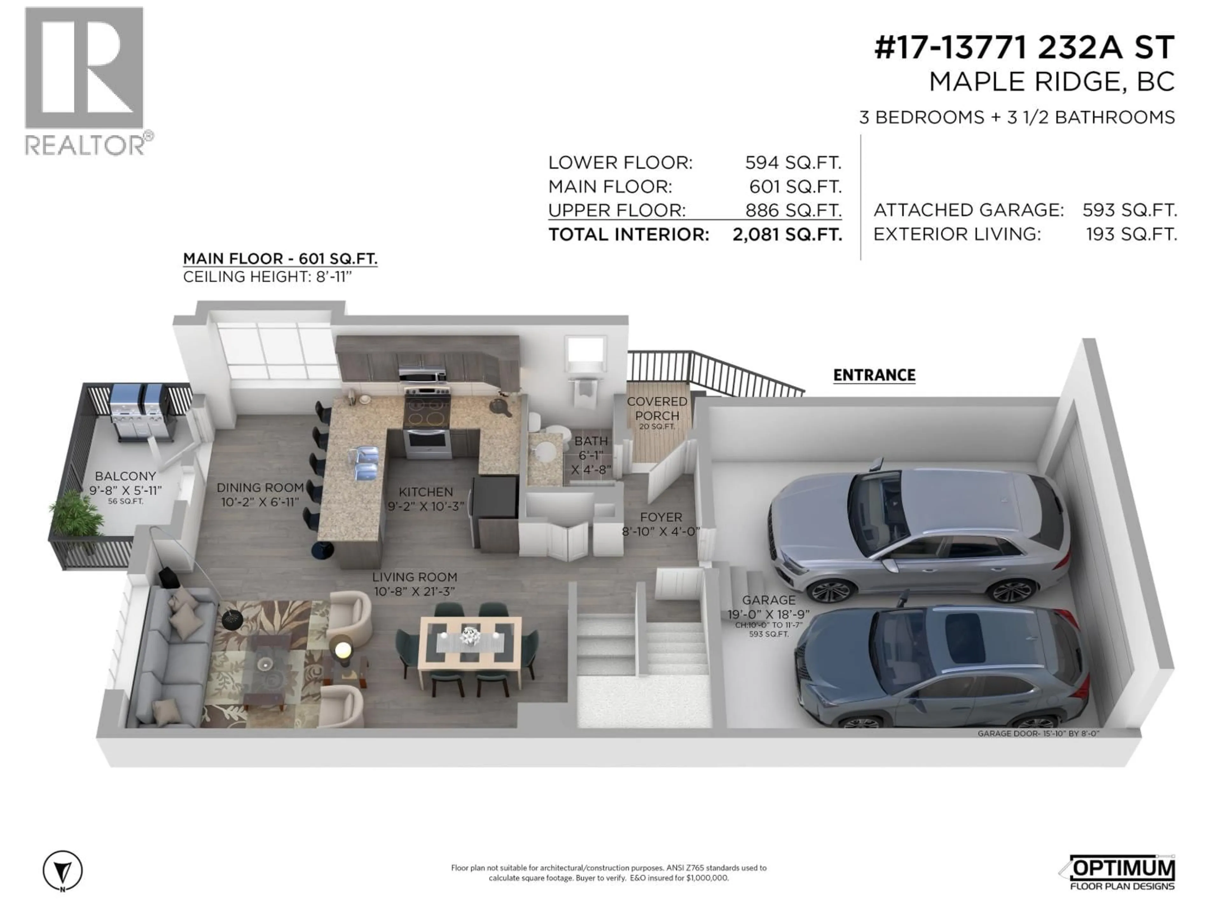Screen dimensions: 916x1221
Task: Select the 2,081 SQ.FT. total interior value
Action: tap(787, 235)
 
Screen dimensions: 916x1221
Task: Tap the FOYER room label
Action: tap(661, 517)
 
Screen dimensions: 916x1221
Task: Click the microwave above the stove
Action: tap(422, 375)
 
